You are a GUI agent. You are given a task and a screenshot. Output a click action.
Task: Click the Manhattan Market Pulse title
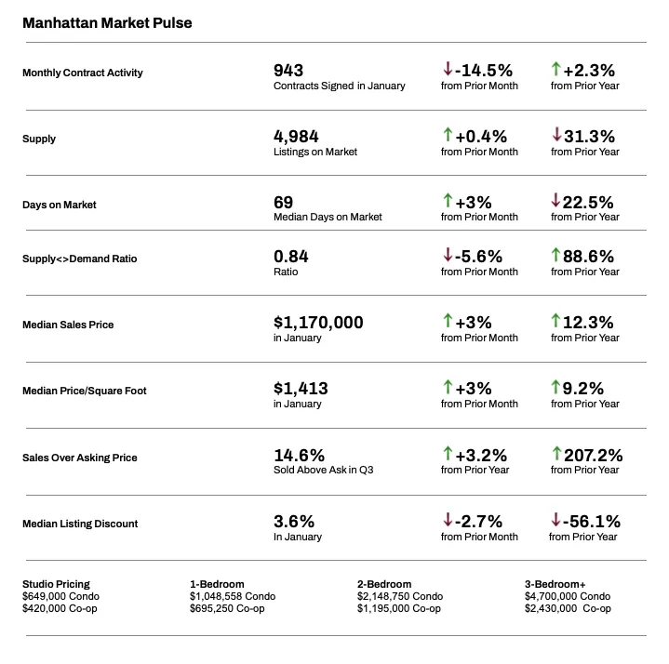pos(107,22)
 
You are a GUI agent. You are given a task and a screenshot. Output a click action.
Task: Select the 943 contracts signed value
pos(288,70)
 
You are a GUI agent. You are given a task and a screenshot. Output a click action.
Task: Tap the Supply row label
pos(39,139)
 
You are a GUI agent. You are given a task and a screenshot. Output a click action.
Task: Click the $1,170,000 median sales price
pos(318,322)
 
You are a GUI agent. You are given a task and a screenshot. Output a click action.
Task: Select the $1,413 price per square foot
pos(301,388)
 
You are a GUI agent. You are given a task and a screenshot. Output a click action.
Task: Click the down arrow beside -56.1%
pos(556,521)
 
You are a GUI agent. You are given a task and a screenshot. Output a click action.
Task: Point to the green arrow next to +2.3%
pos(556,70)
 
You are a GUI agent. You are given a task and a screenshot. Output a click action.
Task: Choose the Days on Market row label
pos(60,205)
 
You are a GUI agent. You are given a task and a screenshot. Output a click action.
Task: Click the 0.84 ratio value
pos(290,256)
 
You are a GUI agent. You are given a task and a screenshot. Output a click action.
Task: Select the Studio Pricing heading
pos(56,584)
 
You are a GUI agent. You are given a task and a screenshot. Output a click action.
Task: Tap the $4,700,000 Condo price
pos(568,596)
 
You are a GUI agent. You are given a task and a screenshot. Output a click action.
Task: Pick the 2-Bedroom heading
pos(384,584)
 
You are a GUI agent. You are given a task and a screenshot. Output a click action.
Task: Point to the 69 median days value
pos(283,202)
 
